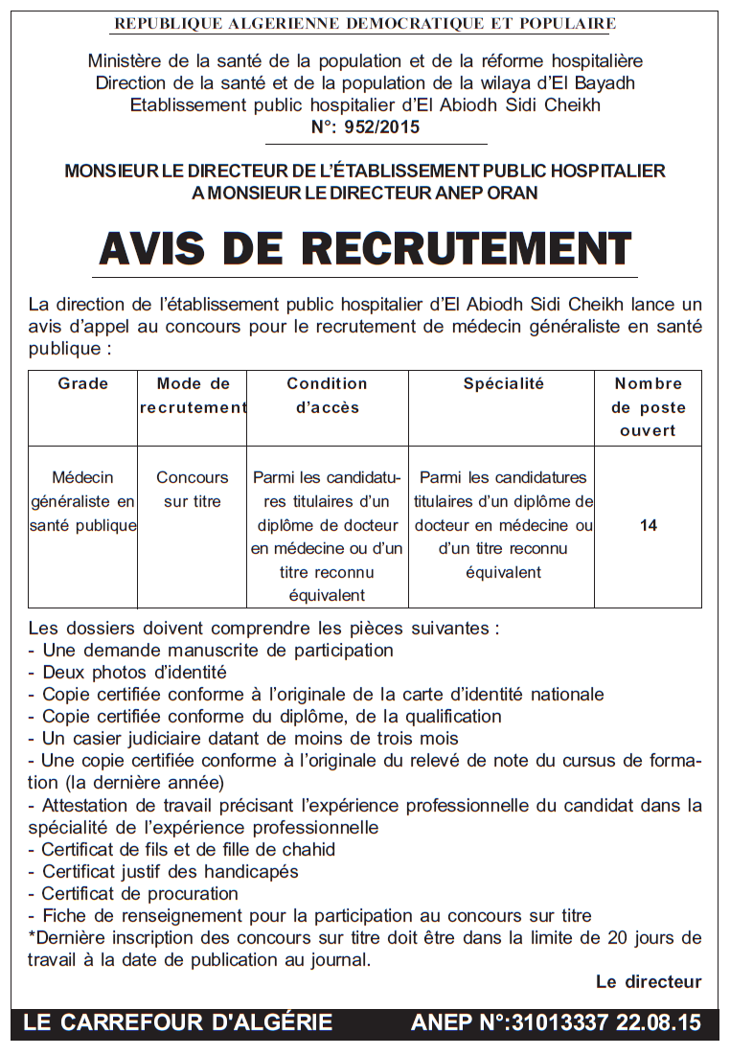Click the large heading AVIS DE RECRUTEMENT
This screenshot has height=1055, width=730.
tap(365, 248)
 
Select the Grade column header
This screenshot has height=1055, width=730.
tap(83, 383)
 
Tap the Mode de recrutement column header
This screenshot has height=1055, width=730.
tap(193, 395)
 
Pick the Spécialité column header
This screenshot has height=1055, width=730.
tap(503, 383)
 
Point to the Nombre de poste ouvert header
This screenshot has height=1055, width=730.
tap(648, 406)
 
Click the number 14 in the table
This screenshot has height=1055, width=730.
tap(648, 525)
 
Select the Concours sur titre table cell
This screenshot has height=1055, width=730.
tap(193, 489)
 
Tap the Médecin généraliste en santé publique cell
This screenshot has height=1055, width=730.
tap(83, 501)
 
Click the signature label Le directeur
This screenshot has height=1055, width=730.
tap(649, 981)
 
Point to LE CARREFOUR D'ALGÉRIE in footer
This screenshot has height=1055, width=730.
tap(178, 1022)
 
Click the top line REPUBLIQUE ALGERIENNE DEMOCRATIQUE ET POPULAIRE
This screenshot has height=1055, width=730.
tap(365, 23)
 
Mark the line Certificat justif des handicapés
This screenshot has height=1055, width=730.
tap(171, 871)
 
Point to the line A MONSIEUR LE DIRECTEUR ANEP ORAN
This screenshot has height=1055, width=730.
tap(365, 193)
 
